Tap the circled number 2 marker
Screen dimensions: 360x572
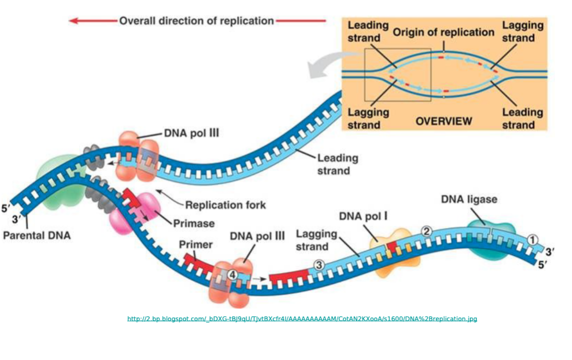point(426,231)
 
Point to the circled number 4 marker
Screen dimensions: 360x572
point(232,274)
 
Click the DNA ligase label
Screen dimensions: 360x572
point(469,199)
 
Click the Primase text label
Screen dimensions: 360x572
point(193,223)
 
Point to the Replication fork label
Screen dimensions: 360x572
point(225,204)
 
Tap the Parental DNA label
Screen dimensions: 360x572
point(36,235)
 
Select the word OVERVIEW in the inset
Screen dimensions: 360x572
point(443,121)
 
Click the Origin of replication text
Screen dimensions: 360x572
point(443,32)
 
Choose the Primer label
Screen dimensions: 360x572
point(195,245)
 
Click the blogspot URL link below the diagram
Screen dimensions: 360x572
point(302,318)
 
